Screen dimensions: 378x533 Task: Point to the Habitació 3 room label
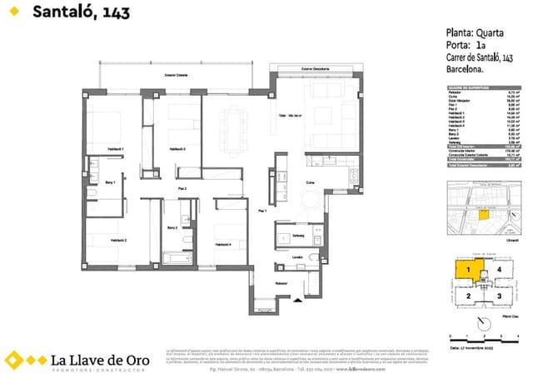tap(177, 148)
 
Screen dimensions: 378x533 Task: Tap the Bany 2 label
tap(172, 227)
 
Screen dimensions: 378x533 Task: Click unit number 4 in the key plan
tap(499, 270)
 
